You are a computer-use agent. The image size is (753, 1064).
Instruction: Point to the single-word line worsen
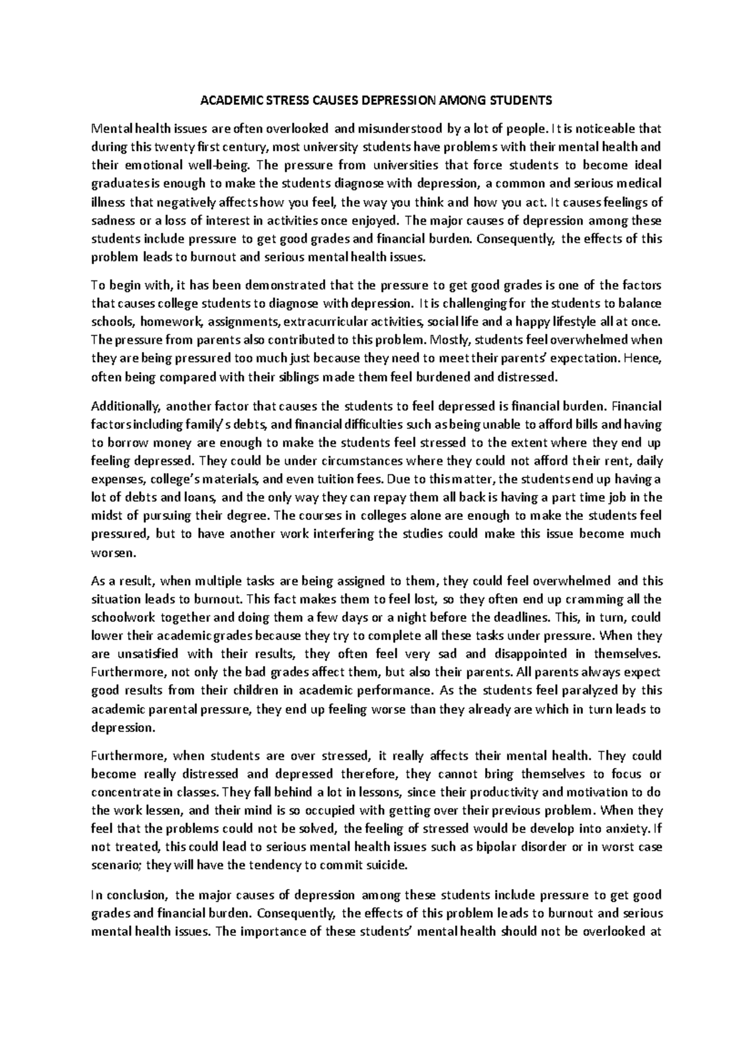coord(108,553)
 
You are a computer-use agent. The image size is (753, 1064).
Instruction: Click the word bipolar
coord(506,847)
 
